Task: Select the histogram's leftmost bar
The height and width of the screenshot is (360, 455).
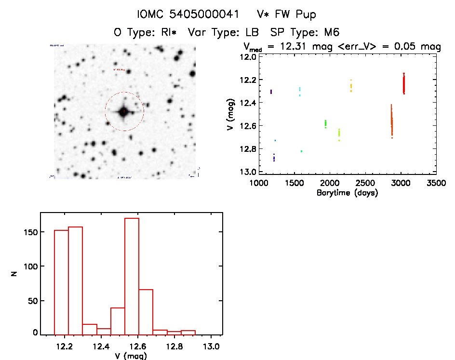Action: (x=61, y=282)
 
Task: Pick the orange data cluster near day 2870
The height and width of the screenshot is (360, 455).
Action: (x=392, y=123)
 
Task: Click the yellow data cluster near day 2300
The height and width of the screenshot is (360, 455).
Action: (x=351, y=86)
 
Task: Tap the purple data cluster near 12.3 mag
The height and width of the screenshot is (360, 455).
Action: (x=271, y=91)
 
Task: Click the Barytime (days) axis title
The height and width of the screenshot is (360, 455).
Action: (x=348, y=193)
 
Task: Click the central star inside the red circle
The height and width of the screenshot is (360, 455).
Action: (x=124, y=111)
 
